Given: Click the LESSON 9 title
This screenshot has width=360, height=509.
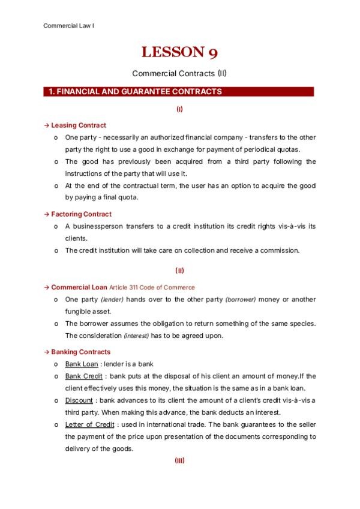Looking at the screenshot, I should pos(179,53).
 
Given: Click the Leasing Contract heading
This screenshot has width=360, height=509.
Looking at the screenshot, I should pos(79,125).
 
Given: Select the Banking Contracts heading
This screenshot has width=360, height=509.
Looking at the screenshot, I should pos(80,352).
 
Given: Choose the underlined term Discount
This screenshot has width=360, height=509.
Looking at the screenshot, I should pos(79,400).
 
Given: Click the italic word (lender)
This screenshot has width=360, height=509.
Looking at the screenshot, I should pos(112,300).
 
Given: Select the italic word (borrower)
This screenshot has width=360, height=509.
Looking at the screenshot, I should pos(239,300).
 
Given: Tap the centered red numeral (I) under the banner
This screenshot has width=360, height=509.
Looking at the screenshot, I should pos(179,109).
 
